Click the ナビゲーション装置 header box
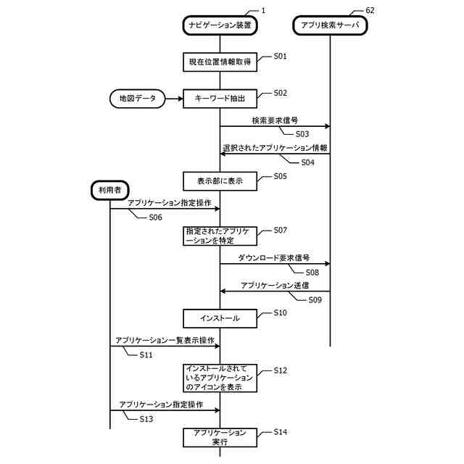pos(220,25)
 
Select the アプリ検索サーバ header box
pos(330,25)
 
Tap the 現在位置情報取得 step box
pos(220,62)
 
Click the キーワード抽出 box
pos(220,98)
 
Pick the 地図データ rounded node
pos(137,98)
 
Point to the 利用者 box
pos(109,191)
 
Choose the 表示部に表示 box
pos(220,181)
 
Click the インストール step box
pos(220,317)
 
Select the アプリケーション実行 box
pos(220,437)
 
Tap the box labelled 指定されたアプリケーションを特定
pos(220,236)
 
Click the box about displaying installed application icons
pos(220,378)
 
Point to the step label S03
pos(302,134)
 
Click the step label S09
pos(315,299)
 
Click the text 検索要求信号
pos(275,120)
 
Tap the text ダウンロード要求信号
pos(274,257)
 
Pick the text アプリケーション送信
pos(275,285)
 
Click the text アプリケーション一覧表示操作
pos(165,340)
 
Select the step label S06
pos(155,217)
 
